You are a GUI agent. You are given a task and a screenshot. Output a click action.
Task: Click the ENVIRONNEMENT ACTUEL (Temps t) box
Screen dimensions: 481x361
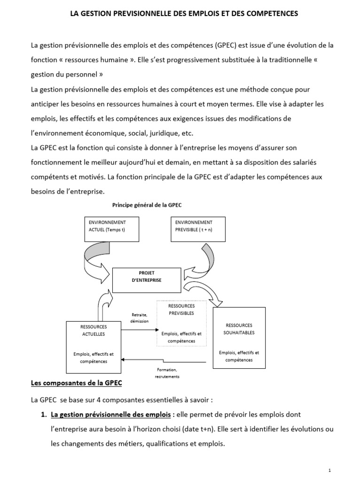tap(111, 229)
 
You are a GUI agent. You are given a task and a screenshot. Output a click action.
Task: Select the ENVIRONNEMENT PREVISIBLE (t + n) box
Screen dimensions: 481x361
tap(198, 229)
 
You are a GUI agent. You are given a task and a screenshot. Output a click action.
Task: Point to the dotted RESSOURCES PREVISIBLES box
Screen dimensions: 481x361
tap(181, 323)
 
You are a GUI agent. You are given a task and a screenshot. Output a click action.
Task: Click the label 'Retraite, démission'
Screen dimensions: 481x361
tap(139, 318)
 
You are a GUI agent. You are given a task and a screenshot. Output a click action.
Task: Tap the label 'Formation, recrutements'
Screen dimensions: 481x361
tap(167, 373)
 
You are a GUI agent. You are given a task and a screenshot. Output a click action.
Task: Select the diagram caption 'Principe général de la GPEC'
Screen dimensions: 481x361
tap(147, 205)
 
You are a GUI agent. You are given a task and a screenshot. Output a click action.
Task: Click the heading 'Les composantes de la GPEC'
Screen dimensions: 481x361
tap(76, 383)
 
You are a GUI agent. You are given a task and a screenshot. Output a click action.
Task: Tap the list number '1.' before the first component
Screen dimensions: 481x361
tap(43, 414)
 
